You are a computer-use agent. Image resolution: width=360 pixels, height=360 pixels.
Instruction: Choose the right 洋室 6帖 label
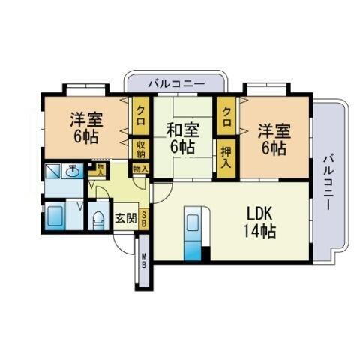pyautogui.click(x=272, y=139)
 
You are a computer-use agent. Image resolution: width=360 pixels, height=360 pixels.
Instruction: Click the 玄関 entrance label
pyautogui.click(x=125, y=219)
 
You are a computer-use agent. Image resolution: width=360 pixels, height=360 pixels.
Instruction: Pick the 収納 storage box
pyautogui.click(x=140, y=148)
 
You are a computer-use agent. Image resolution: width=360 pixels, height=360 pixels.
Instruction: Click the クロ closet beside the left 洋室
pyautogui.click(x=140, y=116)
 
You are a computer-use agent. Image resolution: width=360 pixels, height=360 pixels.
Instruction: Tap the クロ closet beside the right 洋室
pyautogui.click(x=226, y=116)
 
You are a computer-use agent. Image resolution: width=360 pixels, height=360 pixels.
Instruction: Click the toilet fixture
pyautogui.click(x=98, y=220)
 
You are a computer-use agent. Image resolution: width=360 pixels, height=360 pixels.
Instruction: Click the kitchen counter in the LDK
pyautogui.click(x=192, y=233)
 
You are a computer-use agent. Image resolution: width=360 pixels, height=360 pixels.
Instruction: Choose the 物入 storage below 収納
pyautogui.click(x=140, y=169)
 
